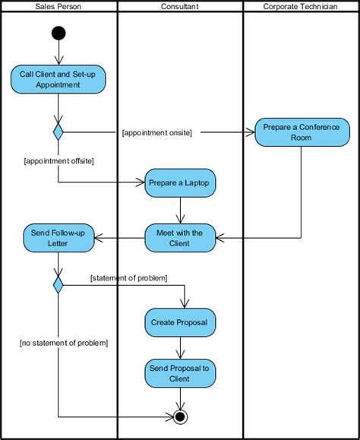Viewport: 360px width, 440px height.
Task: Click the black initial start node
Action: click(58, 33)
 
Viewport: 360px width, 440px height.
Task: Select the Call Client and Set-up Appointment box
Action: click(58, 80)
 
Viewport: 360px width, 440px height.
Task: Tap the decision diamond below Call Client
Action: click(58, 131)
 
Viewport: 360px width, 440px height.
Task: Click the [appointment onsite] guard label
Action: click(156, 132)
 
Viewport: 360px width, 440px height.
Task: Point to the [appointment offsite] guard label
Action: click(58, 160)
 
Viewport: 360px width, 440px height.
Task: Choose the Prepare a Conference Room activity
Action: click(302, 132)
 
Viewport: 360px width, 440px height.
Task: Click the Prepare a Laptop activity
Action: click(180, 183)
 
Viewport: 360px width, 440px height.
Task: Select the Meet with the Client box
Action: click(180, 239)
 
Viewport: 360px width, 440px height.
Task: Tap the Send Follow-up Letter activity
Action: click(58, 239)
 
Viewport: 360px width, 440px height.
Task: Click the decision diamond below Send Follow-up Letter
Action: click(58, 285)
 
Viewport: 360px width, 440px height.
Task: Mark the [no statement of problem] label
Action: click(64, 343)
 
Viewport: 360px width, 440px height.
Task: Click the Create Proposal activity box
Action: click(180, 323)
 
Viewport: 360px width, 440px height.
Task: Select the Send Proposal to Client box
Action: click(180, 373)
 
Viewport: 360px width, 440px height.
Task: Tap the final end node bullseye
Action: click(180, 416)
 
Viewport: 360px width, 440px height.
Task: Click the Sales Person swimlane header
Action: click(59, 7)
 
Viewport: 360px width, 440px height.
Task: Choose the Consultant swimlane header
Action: click(180, 7)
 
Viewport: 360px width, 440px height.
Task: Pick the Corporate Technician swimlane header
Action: click(300, 7)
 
